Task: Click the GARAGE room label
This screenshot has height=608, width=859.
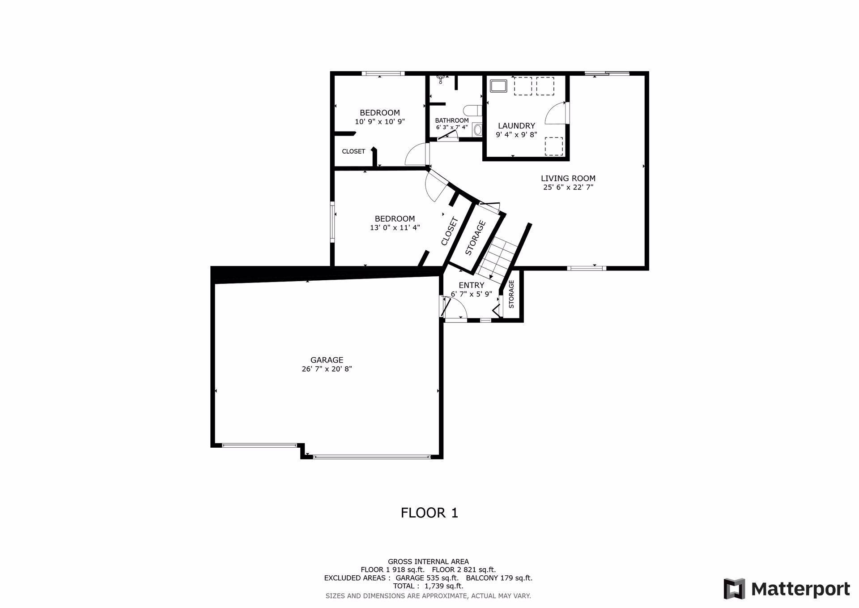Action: click(327, 360)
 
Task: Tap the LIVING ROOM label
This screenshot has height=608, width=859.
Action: click(568, 178)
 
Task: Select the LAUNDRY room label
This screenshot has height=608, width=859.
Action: click(516, 126)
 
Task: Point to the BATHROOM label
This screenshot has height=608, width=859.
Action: click(452, 120)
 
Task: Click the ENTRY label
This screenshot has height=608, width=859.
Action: click(472, 285)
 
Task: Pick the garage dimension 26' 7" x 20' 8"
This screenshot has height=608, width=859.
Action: click(327, 369)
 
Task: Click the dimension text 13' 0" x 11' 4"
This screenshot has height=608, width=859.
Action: click(395, 227)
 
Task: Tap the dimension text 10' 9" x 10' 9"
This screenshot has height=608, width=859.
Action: click(380, 121)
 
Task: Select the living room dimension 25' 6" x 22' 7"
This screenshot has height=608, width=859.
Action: click(568, 187)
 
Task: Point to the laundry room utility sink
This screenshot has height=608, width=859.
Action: click(498, 86)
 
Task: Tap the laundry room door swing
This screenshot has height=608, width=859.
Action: click(556, 112)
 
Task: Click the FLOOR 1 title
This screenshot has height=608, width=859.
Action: click(429, 513)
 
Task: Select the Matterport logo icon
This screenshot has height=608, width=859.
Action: click(734, 589)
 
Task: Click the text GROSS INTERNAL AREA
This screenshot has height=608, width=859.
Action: click(428, 561)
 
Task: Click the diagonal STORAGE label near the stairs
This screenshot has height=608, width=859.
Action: click(475, 238)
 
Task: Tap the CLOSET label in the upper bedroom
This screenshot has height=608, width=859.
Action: click(353, 151)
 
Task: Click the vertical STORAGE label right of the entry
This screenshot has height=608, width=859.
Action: click(511, 294)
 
